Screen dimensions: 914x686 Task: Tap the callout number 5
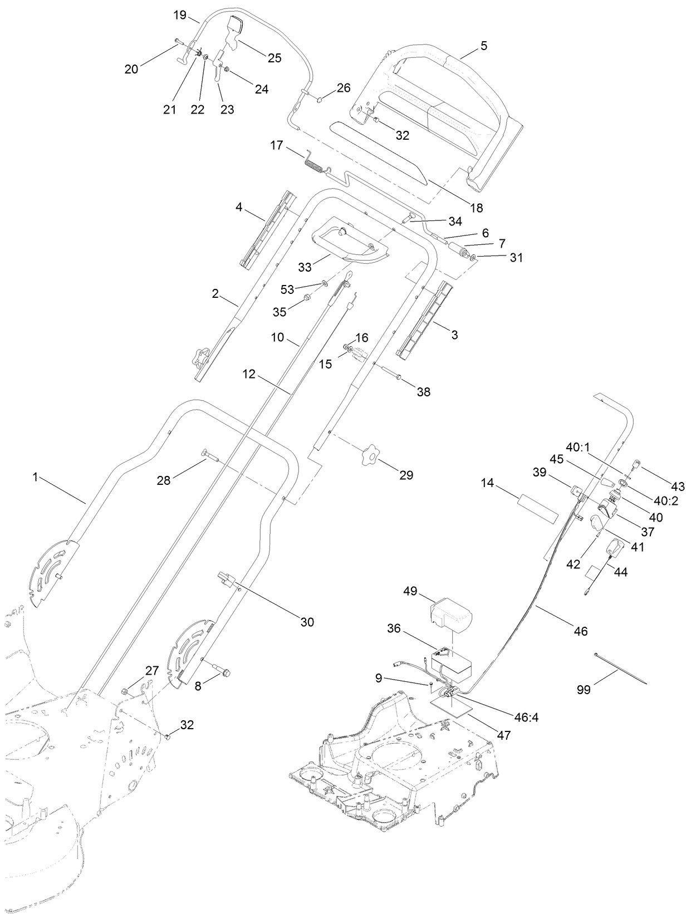(483, 46)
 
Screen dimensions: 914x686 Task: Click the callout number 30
(307, 622)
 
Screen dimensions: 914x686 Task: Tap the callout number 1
(36, 477)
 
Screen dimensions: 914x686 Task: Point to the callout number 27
(152, 670)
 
